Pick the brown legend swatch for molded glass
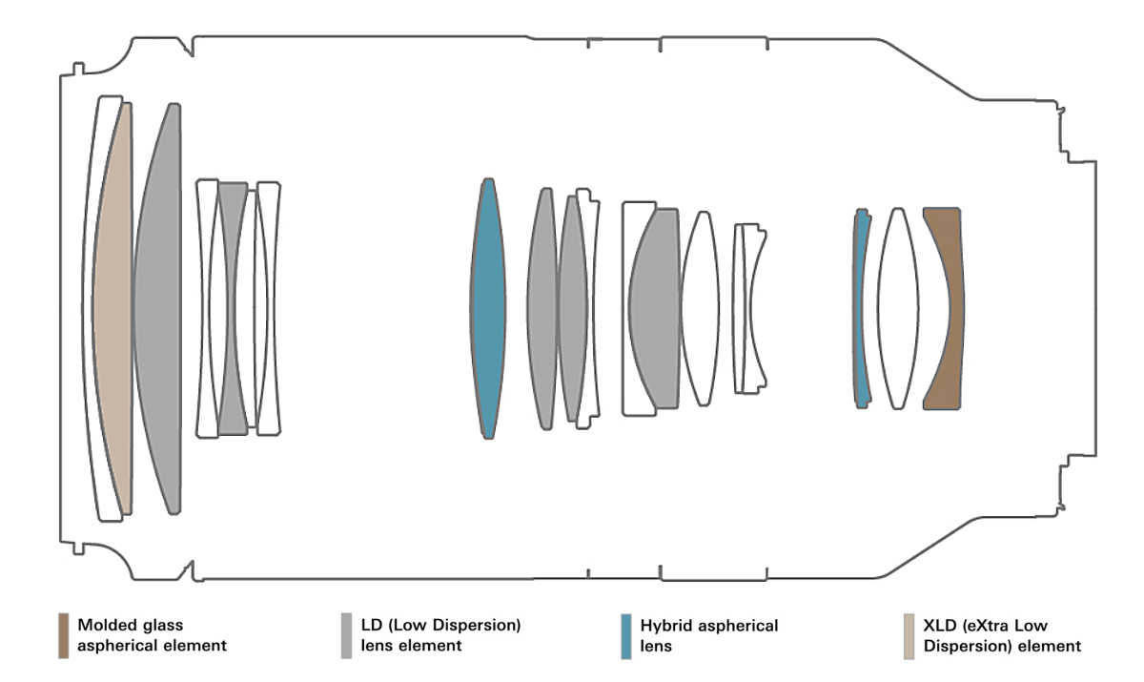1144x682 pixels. tap(63, 635)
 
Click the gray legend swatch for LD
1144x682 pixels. tap(346, 635)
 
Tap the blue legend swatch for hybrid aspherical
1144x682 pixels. tap(625, 635)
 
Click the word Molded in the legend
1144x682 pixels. tap(105, 626)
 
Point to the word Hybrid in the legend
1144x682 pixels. tap(665, 626)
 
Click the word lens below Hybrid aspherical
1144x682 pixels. tap(656, 646)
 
